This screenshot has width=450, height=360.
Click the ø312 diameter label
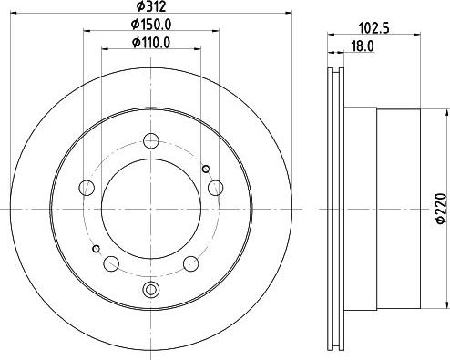click(151, 6)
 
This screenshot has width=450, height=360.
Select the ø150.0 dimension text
click(151, 25)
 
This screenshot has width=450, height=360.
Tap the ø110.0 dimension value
click(151, 43)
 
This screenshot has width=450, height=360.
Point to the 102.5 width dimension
click(374, 28)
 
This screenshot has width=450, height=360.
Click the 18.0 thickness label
click(363, 46)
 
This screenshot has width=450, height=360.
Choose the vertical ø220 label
click(442, 209)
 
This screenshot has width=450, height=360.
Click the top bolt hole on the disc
click(151, 140)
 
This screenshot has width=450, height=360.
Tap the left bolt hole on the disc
click(87, 188)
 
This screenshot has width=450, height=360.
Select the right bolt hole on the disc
click(216, 188)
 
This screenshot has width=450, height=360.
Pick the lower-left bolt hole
click(111, 263)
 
